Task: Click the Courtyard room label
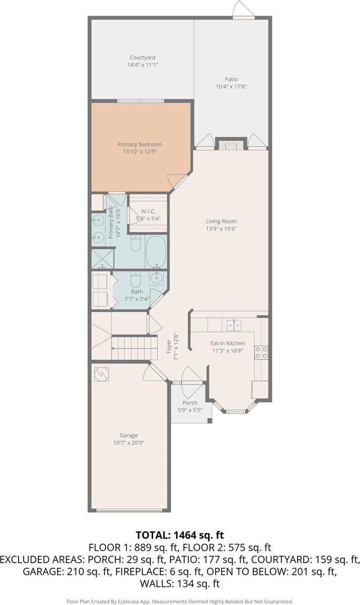(143, 57)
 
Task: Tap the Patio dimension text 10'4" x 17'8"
(231, 87)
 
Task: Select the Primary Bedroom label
(140, 145)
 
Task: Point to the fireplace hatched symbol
(230, 145)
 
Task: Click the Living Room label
(221, 221)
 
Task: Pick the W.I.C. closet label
(148, 211)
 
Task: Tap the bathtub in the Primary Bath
(156, 252)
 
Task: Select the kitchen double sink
(234, 325)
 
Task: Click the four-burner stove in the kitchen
(261, 352)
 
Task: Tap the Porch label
(190, 403)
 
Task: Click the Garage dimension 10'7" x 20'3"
(129, 443)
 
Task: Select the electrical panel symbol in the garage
(101, 374)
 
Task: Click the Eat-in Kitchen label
(228, 343)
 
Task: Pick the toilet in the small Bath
(135, 280)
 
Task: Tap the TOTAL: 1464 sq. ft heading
(180, 535)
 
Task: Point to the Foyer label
(169, 346)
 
